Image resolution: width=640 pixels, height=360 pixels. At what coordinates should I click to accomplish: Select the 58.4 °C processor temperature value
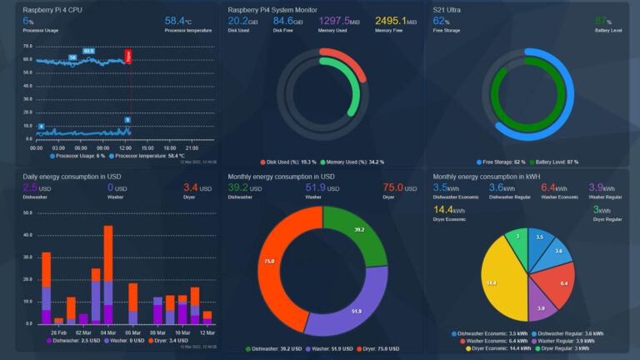pyautogui.click(x=179, y=20)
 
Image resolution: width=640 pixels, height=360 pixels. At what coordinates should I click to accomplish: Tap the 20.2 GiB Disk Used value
pyautogui.click(x=243, y=20)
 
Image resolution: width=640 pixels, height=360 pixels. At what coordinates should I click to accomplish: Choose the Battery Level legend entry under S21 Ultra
pyautogui.click(x=550, y=162)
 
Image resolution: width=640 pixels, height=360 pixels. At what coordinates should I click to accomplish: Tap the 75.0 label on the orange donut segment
pyautogui.click(x=269, y=261)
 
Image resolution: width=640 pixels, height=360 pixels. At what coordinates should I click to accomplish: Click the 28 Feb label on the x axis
pyautogui.click(x=59, y=332)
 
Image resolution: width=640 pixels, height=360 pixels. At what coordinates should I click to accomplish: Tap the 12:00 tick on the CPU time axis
pyautogui.click(x=124, y=147)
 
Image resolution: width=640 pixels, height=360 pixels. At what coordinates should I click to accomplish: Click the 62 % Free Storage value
pyautogui.click(x=442, y=20)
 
